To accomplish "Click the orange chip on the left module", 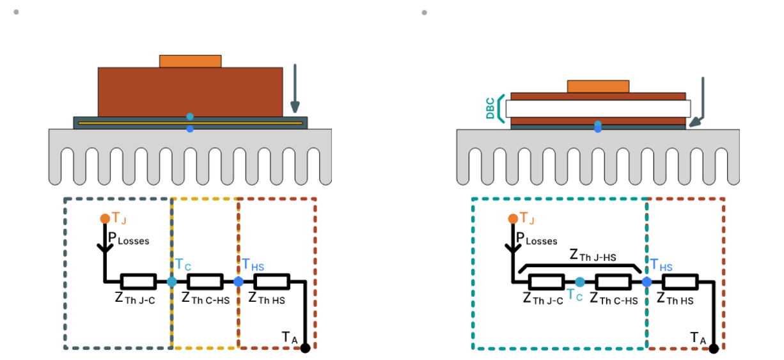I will pyautogui.click(x=190, y=61).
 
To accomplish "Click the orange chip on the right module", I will pyautogui.click(x=598, y=86).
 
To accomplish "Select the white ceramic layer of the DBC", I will pyautogui.click(x=598, y=109).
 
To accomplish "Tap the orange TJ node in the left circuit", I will pyautogui.click(x=105, y=219).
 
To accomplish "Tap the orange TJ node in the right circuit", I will pyautogui.click(x=512, y=219).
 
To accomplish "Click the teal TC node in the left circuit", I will pyautogui.click(x=171, y=281).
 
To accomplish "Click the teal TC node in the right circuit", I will pyautogui.click(x=579, y=281).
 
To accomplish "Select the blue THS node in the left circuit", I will pyautogui.click(x=239, y=281).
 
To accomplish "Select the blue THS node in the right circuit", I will pyautogui.click(x=647, y=281).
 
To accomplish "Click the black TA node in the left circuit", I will pyautogui.click(x=305, y=348).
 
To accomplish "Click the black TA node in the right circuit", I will pyautogui.click(x=713, y=348).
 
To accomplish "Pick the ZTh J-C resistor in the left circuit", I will pyautogui.click(x=138, y=281).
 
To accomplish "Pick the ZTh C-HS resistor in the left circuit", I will pyautogui.click(x=205, y=281).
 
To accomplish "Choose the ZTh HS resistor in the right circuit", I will pyautogui.click(x=680, y=281).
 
